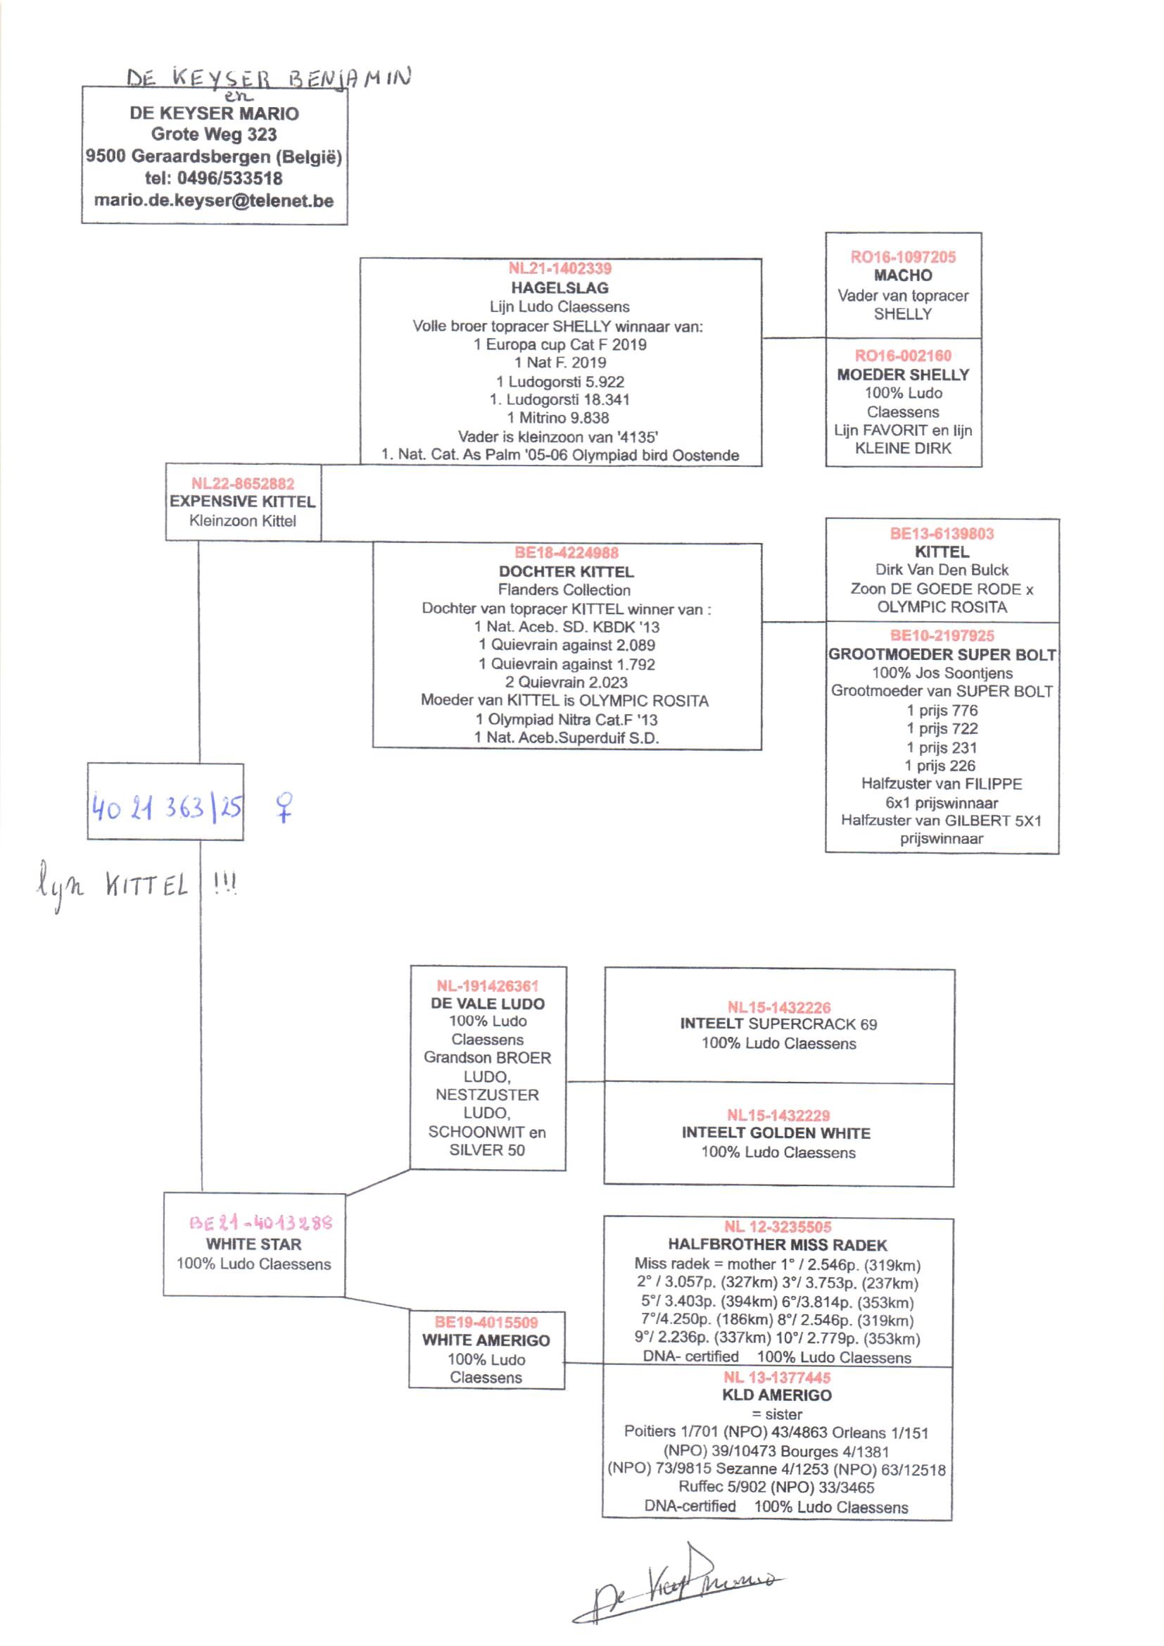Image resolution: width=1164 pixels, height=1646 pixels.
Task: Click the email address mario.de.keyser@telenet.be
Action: tap(214, 201)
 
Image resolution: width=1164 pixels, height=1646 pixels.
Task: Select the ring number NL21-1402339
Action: tap(559, 269)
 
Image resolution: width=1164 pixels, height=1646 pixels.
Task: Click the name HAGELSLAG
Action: tap(559, 288)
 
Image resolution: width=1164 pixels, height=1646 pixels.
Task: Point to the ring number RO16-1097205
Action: tap(903, 258)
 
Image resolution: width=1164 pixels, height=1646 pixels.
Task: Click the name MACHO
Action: tap(903, 276)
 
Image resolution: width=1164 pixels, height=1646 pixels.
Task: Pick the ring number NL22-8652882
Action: tap(242, 484)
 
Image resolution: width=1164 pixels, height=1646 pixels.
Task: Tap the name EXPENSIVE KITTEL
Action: tap(242, 502)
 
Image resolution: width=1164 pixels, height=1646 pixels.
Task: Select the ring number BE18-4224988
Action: tap(567, 553)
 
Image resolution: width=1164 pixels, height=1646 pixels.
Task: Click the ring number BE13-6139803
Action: tap(942, 534)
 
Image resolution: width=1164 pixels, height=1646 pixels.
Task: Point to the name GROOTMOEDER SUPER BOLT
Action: tap(942, 655)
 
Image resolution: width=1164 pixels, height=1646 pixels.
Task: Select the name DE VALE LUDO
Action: tap(488, 1004)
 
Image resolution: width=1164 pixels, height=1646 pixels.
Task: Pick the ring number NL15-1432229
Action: tap(778, 1115)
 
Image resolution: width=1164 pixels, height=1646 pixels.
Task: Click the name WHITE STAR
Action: tap(254, 1245)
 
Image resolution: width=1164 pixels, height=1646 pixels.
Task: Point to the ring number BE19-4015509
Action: tap(486, 1322)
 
